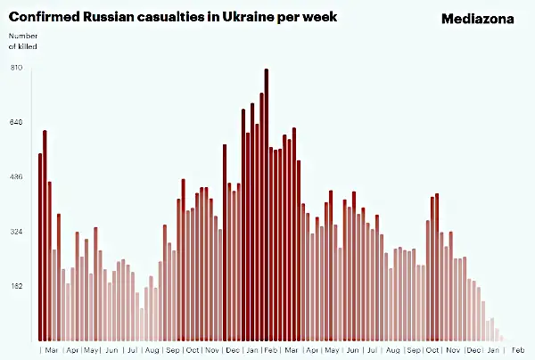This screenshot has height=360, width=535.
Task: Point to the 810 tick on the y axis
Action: (15, 68)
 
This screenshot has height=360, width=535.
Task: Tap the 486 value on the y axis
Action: (15, 177)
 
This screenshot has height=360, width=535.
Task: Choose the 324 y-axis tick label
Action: (15, 232)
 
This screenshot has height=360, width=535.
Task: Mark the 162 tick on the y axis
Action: (15, 286)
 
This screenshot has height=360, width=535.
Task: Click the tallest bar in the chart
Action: (267, 205)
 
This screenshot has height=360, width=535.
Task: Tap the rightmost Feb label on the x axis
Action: (517, 350)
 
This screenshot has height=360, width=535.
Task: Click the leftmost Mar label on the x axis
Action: (52, 350)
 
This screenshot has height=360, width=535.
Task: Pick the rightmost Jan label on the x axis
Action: (493, 350)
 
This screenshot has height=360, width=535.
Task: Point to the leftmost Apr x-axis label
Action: (72, 350)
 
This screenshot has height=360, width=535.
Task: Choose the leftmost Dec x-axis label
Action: (233, 350)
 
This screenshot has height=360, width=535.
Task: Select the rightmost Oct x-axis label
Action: (432, 350)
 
